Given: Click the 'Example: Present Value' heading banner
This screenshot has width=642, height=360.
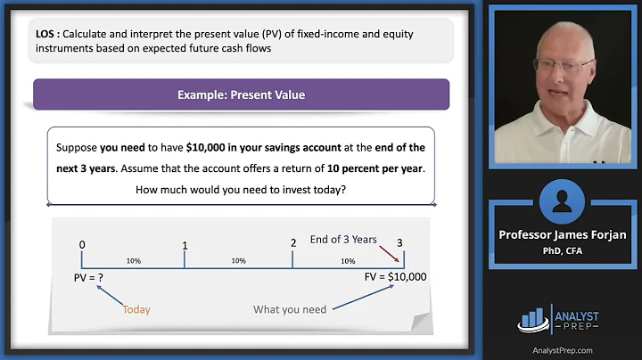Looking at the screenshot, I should [241, 94].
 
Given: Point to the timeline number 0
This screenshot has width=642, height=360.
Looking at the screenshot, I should [82, 244].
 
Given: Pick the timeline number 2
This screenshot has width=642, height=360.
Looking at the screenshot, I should [292, 243].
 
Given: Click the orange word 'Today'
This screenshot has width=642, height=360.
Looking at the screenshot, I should [136, 310].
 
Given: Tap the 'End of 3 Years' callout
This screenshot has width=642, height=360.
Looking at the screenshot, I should [343, 239].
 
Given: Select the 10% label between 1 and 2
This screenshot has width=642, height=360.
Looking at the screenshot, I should [238, 261].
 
